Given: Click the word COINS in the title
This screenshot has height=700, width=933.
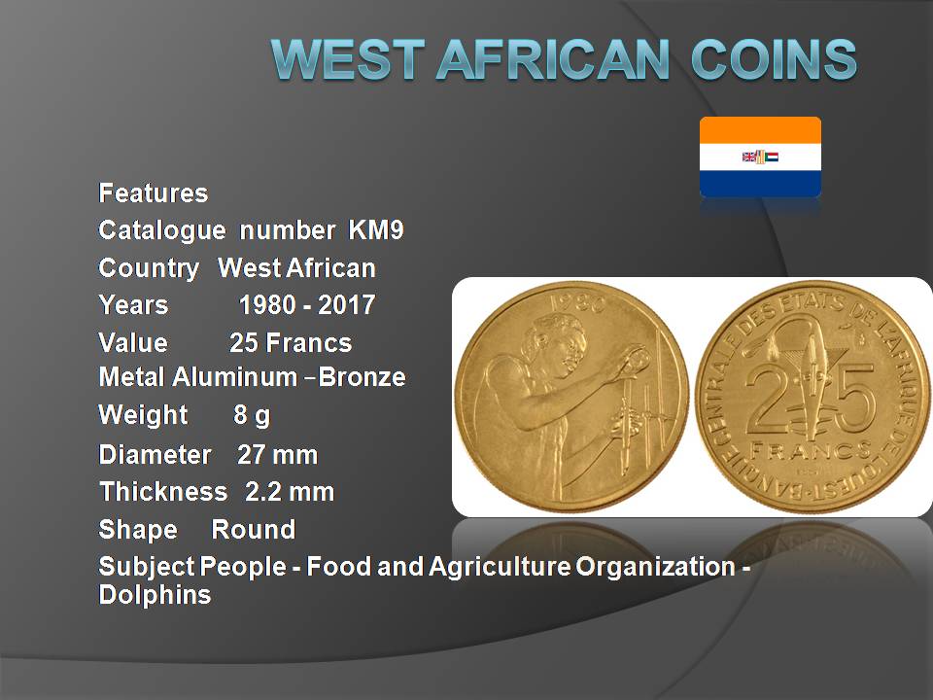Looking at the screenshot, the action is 774,59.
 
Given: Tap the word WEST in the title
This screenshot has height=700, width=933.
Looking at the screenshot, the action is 348,59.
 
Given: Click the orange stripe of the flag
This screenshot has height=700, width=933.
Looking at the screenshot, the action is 760,129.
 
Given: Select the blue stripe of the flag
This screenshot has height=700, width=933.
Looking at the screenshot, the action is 760,184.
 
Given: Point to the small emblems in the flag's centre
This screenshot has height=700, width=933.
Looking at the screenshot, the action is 760,157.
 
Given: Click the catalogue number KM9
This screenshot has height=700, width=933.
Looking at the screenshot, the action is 376,230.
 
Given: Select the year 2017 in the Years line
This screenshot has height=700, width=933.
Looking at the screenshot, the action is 346,304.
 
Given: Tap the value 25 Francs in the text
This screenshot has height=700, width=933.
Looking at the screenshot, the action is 291,343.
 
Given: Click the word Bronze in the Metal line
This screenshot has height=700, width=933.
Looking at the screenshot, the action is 362,377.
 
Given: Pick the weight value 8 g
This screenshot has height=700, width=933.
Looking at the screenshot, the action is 252,415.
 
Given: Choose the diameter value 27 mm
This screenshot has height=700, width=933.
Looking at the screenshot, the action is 277,455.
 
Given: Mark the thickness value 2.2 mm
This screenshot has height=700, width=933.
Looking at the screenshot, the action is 290,492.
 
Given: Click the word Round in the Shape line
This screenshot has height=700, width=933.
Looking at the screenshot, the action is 254,529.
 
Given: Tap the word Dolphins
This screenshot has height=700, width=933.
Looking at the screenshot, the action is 155,595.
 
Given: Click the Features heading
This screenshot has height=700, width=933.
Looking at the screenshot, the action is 154,192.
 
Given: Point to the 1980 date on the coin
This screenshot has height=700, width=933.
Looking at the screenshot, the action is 577,303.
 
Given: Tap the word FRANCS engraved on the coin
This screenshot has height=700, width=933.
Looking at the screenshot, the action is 811,450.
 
